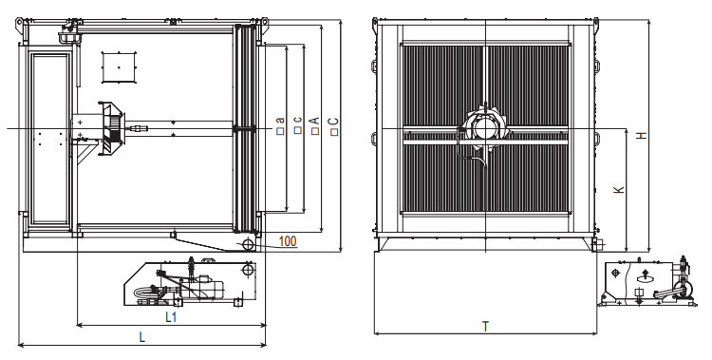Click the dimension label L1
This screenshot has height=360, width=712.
pos(170,317)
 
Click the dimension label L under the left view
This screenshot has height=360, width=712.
pos(142,337)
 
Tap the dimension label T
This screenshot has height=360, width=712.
pos(485,327)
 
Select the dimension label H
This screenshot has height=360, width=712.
pos(641,135)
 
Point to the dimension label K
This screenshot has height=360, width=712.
pos(619,190)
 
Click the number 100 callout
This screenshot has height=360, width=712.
pos(288,241)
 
